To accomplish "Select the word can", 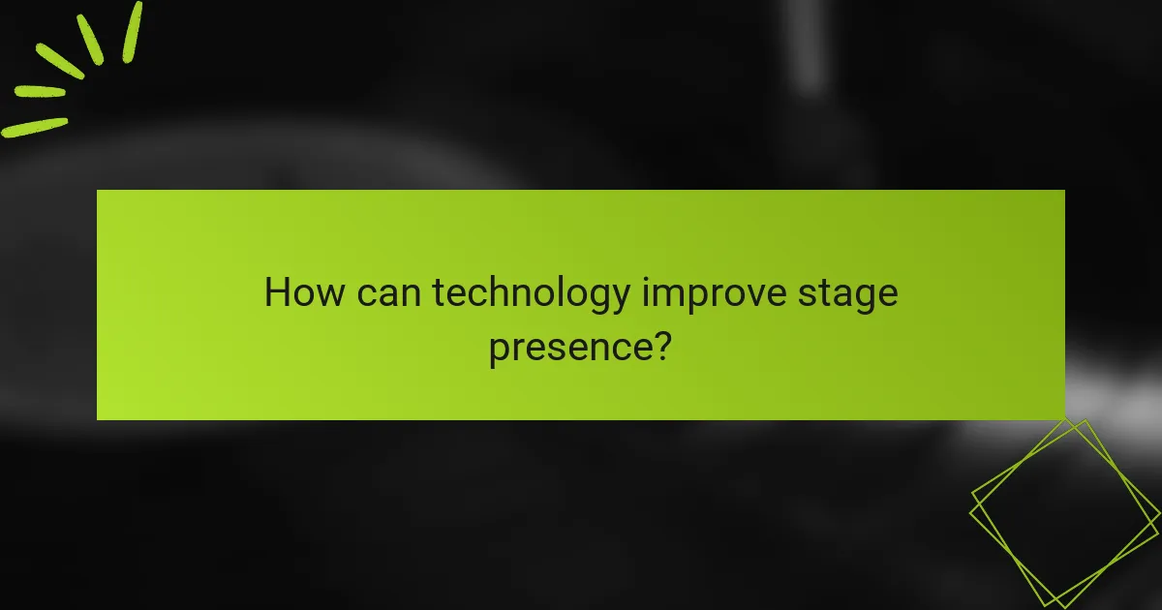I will [x=389, y=292].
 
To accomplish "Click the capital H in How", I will [x=277, y=291].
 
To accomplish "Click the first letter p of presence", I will [x=499, y=350].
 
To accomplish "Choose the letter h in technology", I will [x=501, y=291].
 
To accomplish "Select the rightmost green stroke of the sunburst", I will [x=133, y=32].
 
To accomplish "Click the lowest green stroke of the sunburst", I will [x=34, y=127].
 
